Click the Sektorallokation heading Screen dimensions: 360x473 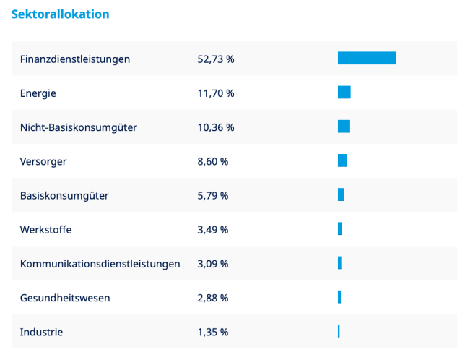pos(61,14)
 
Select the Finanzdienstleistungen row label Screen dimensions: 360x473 pos(75,59)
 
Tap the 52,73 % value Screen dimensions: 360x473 pos(215,59)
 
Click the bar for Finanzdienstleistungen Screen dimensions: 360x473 pos(367,59)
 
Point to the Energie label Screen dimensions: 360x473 pos(38,93)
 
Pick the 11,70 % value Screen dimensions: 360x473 pos(215,93)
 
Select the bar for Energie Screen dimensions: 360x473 pos(344,93)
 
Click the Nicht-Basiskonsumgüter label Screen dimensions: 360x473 pos(79,127)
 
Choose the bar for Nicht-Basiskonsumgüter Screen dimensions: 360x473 pos(343,127)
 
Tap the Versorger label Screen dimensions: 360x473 pos(43,162)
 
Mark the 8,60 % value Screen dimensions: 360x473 pos(212,162)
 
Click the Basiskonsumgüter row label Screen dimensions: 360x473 pos(64,196)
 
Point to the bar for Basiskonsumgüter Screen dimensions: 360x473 pos(341,195)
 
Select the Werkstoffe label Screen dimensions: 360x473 pos(46,230)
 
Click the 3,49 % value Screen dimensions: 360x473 pos(212,230)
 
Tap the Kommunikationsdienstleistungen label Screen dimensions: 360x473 pos(100,264)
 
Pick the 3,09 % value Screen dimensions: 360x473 pos(212,264)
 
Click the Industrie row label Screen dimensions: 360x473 pos(41,333)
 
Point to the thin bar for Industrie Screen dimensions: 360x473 pos(339,331)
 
